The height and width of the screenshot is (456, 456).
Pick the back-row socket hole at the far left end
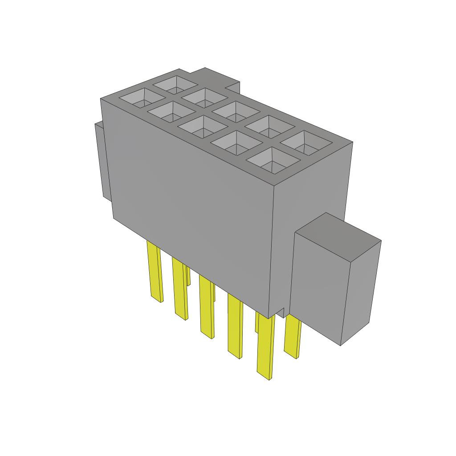click(x=175, y=83)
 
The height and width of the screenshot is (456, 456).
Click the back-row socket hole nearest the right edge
click(x=306, y=142)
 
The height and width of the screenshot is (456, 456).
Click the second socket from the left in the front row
click(x=170, y=112)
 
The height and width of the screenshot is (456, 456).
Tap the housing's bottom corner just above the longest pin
click(x=269, y=314)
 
